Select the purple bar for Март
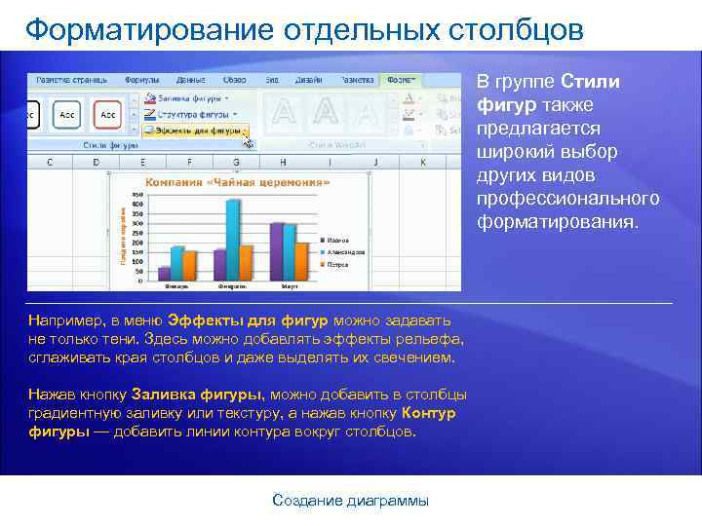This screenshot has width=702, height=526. (x=276, y=250)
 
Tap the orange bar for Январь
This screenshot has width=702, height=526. (x=191, y=265)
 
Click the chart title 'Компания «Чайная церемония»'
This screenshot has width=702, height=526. (x=237, y=181)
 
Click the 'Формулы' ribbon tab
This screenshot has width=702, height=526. (x=142, y=78)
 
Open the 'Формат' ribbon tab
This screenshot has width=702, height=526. (x=402, y=78)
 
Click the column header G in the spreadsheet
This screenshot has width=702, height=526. (x=236, y=162)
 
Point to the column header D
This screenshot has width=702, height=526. (x=96, y=162)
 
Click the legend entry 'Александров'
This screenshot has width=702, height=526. (x=345, y=251)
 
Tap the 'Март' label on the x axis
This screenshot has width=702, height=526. (x=289, y=287)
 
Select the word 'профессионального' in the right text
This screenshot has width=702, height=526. (x=567, y=199)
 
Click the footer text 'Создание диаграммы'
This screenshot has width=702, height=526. (x=350, y=501)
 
